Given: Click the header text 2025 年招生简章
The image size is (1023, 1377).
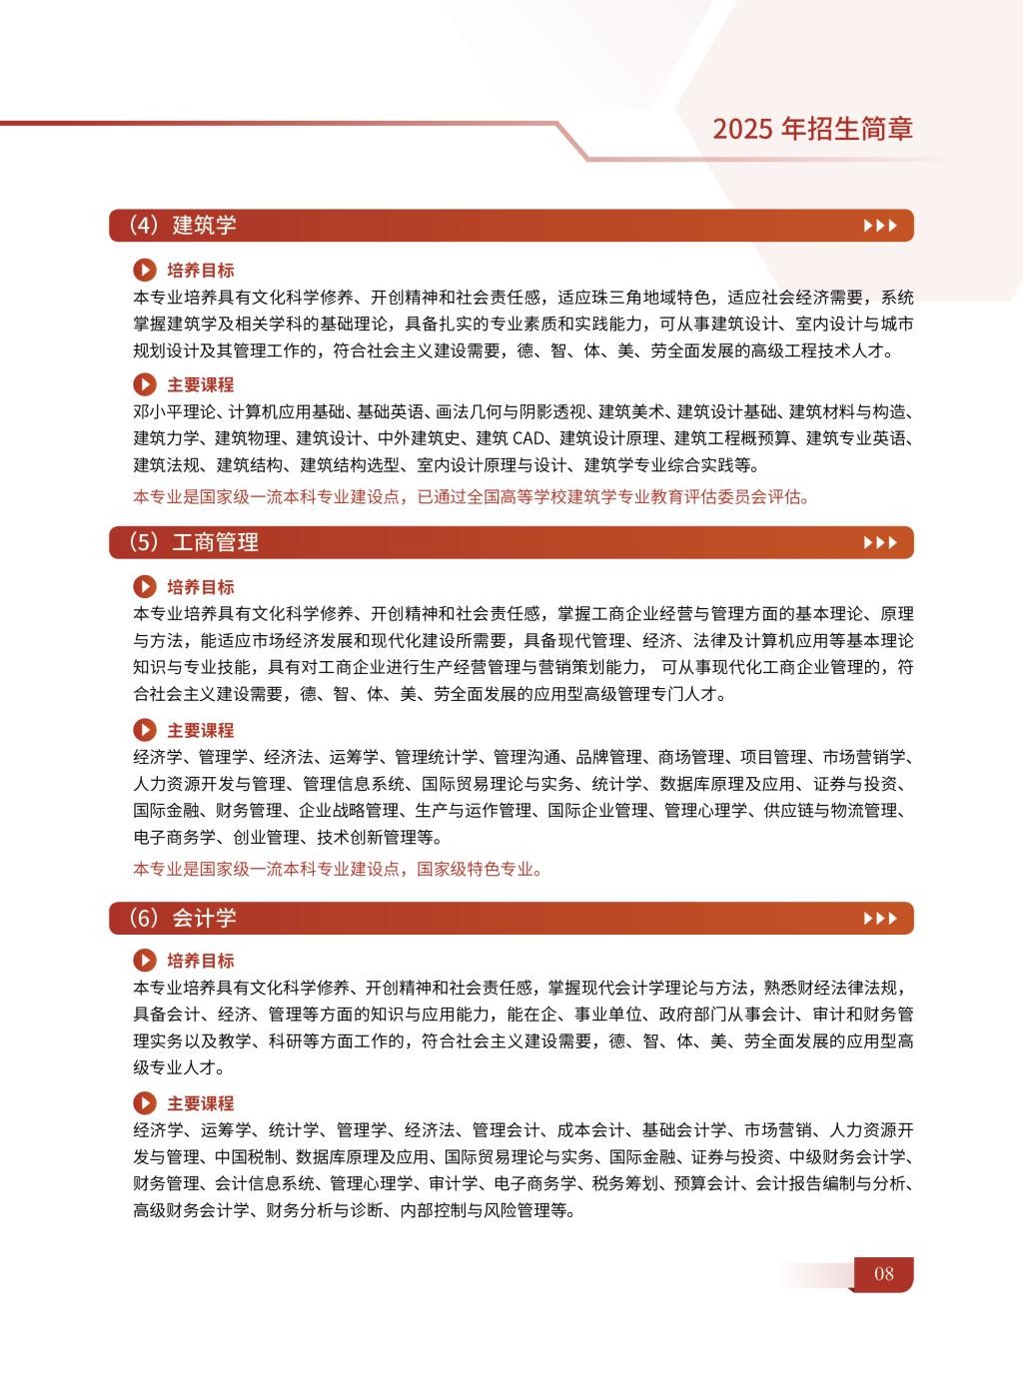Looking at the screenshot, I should click(x=812, y=128).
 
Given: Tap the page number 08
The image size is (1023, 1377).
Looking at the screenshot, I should click(x=883, y=1273).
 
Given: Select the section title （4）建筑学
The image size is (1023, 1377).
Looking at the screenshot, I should click(x=182, y=225).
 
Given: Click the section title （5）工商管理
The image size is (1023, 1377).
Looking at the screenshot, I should click(x=193, y=542).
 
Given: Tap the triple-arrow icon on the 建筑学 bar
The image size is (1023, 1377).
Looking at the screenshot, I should click(x=880, y=226).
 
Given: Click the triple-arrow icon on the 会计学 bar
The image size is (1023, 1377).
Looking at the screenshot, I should click(x=880, y=919).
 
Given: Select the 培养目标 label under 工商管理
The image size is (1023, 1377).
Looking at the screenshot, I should click(x=200, y=587).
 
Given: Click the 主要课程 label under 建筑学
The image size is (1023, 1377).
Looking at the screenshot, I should click(x=200, y=384).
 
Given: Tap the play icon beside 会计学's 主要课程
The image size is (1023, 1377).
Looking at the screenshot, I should click(x=145, y=1103).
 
